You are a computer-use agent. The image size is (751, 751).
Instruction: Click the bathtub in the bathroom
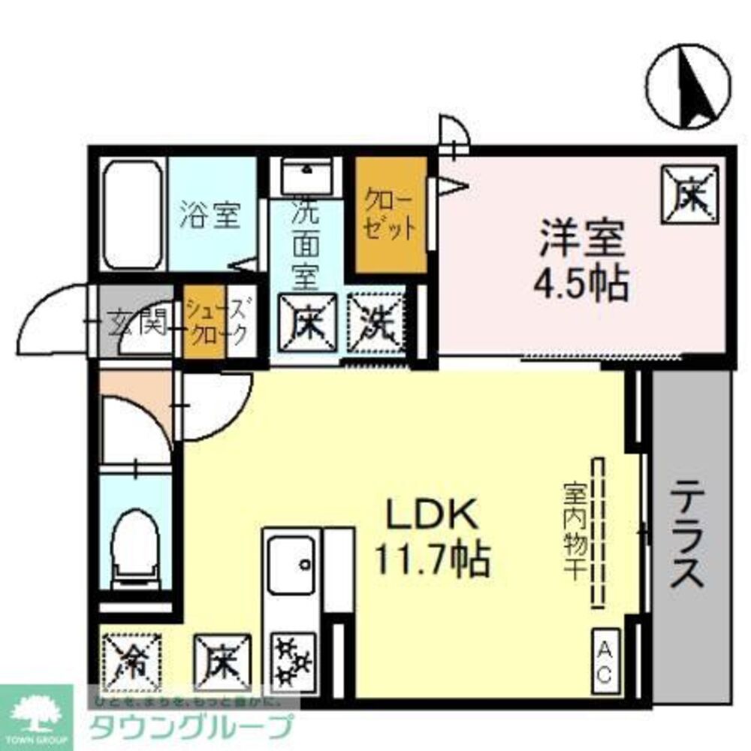pyautogui.click(x=132, y=214)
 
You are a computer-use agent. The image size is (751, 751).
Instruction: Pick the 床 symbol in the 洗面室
pyautogui.click(x=309, y=324)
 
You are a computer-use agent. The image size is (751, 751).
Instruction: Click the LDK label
pyautogui.click(x=431, y=517)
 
